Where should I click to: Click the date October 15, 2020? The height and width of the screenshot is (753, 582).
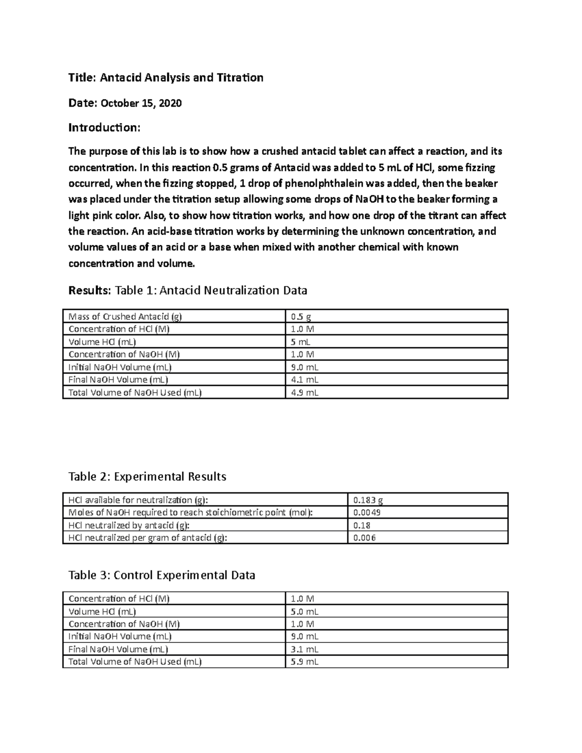point(141,103)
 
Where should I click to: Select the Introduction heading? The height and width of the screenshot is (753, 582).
point(104,128)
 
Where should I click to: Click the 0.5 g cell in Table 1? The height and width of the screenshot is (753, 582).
point(301,317)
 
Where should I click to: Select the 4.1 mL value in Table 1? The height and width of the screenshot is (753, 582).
point(305,380)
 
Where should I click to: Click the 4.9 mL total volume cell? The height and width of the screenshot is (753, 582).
point(305,392)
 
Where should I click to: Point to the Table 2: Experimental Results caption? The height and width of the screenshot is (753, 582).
point(147,477)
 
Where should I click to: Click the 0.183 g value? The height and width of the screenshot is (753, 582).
point(368,500)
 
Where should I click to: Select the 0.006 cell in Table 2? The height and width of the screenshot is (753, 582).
point(364,538)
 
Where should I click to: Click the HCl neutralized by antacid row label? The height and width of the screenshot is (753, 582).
point(129,525)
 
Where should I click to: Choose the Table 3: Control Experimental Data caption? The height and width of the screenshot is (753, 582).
point(162,576)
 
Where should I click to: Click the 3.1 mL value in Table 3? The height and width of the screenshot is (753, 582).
point(305,649)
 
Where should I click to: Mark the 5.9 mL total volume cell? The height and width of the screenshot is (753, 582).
point(305,662)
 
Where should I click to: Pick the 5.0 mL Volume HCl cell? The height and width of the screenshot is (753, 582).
point(305,611)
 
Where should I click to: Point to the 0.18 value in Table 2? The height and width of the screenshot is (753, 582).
point(362,525)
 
